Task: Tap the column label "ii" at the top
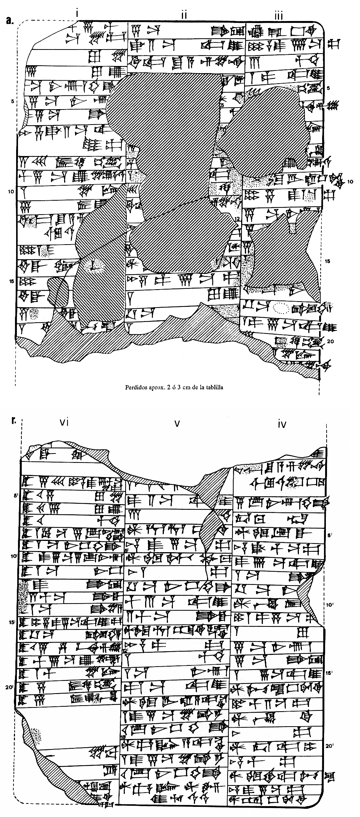pyautogui.click(x=184, y=15)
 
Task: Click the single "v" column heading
pyautogui.click(x=177, y=424)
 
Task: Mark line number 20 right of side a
pyautogui.click(x=330, y=341)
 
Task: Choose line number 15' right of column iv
pyautogui.click(x=330, y=673)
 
